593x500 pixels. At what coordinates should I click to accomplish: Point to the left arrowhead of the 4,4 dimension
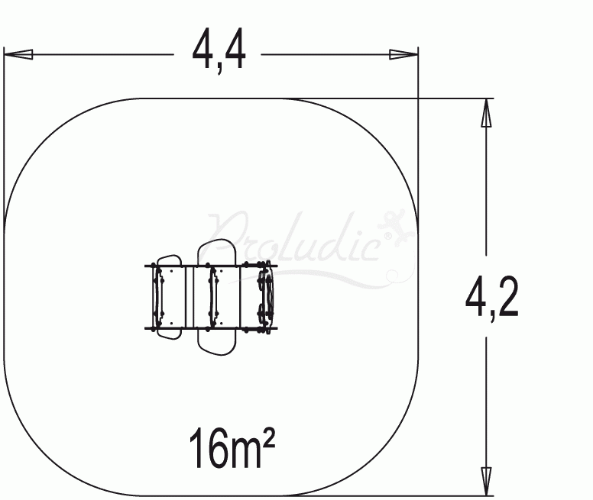pos(18,54)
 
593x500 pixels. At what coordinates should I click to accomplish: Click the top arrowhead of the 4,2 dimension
pos(484,115)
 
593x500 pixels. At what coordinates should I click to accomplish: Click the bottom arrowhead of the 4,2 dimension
pos(484,479)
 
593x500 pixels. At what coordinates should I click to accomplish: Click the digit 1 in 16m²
pos(196,449)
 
